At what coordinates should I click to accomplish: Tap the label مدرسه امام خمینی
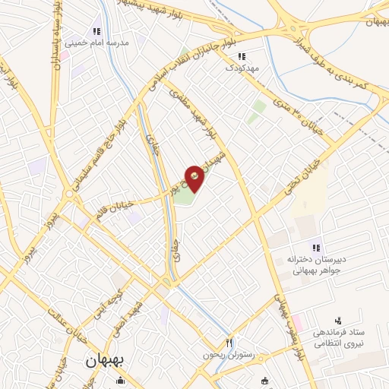[x=96, y=43]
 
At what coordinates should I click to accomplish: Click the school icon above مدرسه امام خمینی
[x=96, y=32]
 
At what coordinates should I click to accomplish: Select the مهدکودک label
[x=242, y=68]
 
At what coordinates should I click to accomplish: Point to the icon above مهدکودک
[x=242, y=56]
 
